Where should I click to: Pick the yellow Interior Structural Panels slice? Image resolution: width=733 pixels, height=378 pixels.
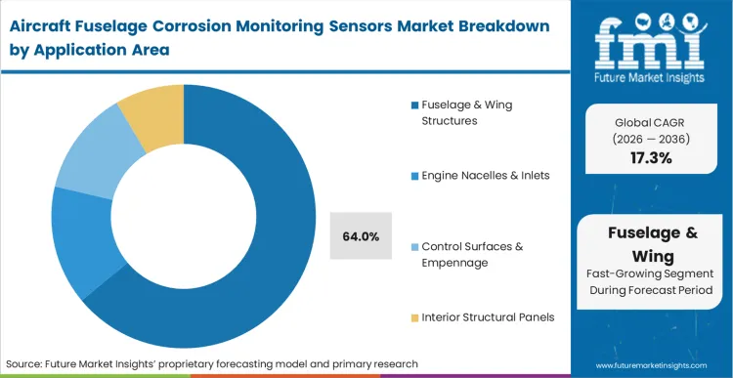150,114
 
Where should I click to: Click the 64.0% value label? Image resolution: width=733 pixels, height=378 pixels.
361,236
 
